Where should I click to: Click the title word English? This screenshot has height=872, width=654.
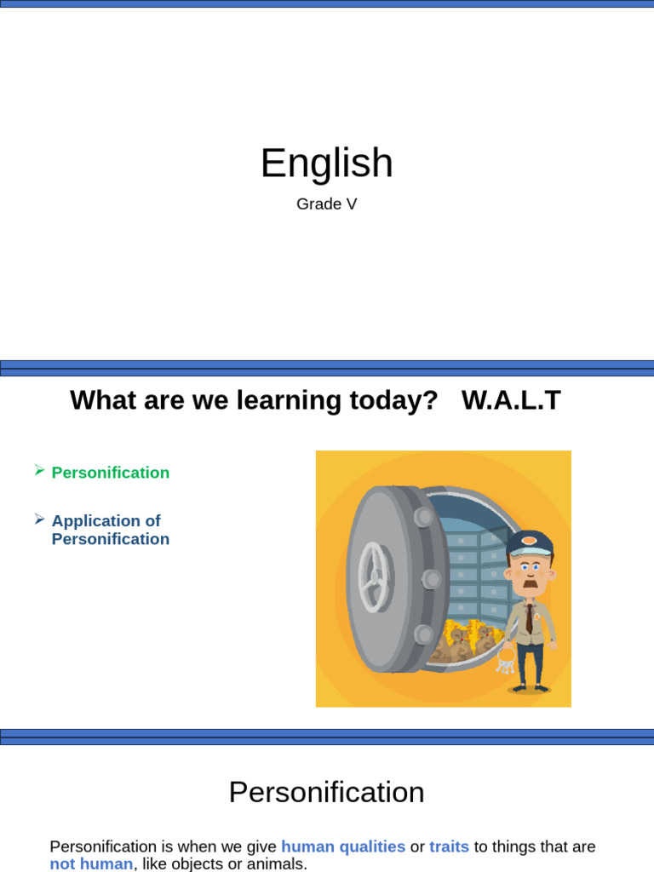(326, 163)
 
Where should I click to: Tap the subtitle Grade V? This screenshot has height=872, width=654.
(326, 204)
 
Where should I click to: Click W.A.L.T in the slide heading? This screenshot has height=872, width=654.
(511, 400)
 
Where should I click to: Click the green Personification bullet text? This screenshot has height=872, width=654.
(111, 473)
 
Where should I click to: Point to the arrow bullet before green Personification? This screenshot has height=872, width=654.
(39, 470)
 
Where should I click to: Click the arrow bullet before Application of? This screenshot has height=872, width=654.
(39, 519)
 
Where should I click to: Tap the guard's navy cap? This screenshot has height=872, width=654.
(530, 542)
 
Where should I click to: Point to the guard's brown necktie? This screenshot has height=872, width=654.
(529, 617)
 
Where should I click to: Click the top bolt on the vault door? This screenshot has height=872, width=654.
(423, 517)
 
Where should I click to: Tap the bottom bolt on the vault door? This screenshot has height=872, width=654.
(423, 634)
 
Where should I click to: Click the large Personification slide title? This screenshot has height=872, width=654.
(326, 793)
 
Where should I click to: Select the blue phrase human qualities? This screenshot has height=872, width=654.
(343, 846)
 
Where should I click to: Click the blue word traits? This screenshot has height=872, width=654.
(449, 846)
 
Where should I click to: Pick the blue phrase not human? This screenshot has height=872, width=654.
(91, 863)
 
